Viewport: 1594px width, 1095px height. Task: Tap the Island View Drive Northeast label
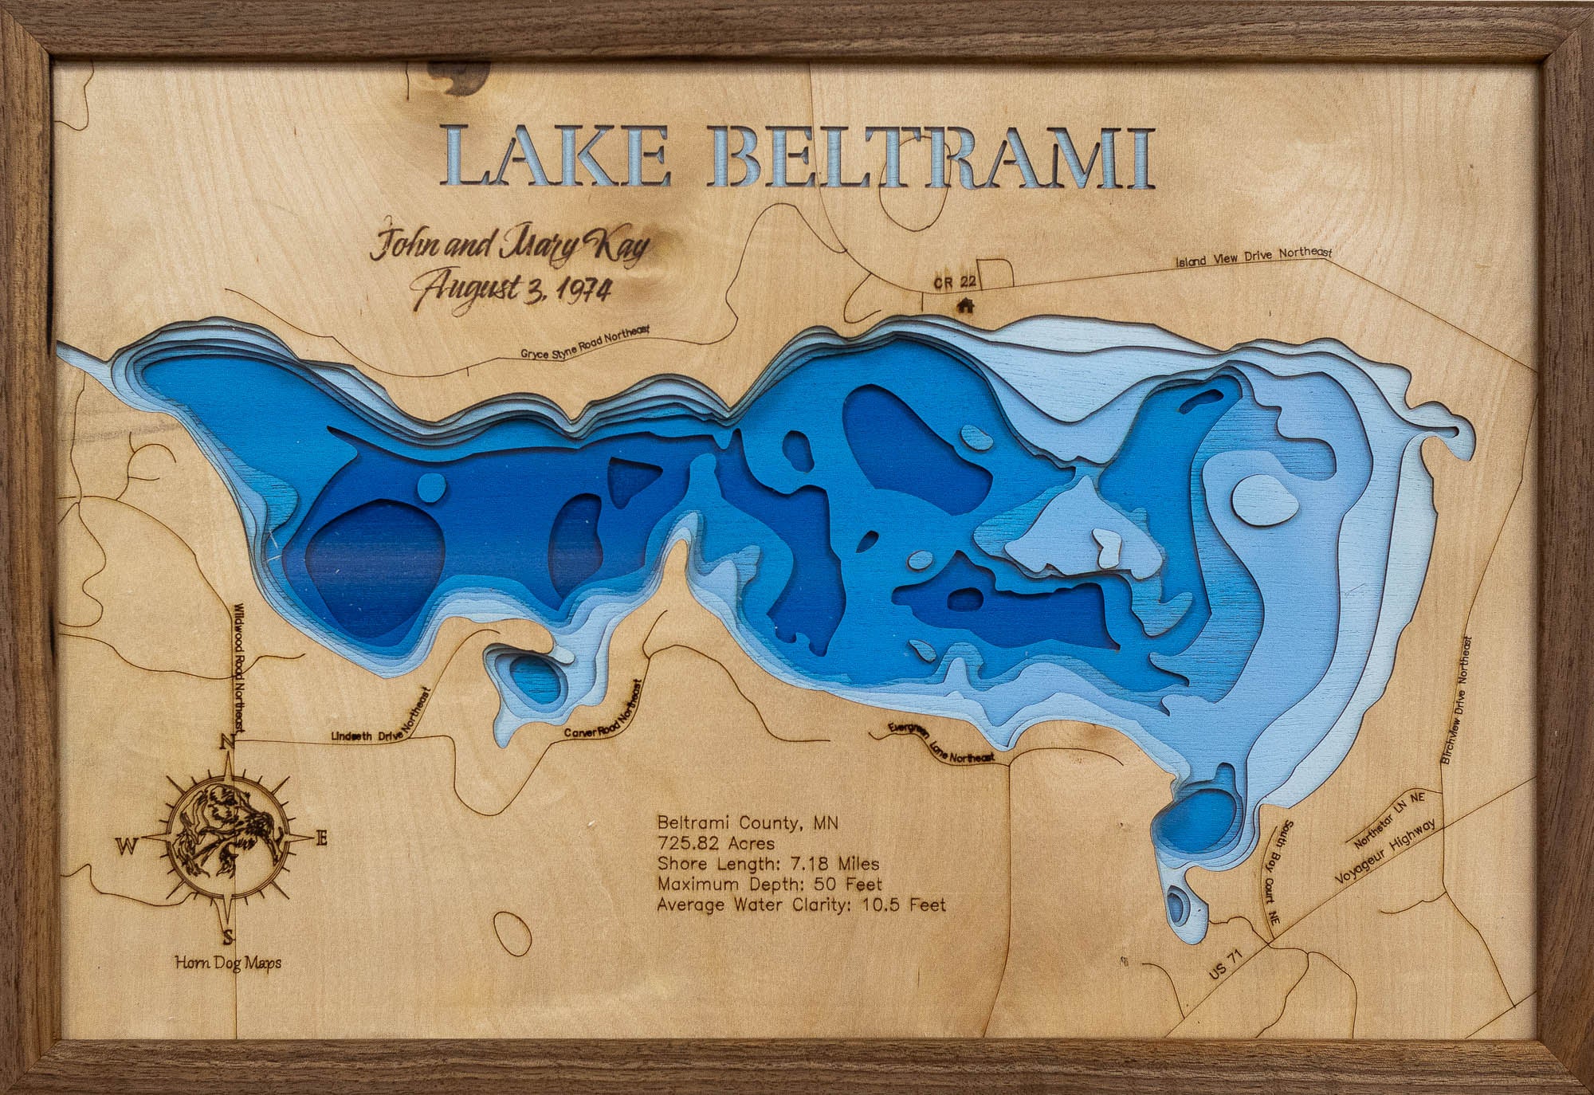pyautogui.click(x=1254, y=256)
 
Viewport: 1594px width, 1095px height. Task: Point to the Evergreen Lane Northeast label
pyautogui.click(x=941, y=744)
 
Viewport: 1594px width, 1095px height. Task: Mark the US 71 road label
pyautogui.click(x=1225, y=967)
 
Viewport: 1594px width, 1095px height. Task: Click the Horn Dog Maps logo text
pyautogui.click(x=228, y=964)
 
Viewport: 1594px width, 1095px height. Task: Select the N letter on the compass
pyautogui.click(x=226, y=742)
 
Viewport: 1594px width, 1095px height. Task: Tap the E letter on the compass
pyautogui.click(x=322, y=838)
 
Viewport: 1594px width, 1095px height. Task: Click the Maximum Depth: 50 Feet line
pyautogui.click(x=769, y=884)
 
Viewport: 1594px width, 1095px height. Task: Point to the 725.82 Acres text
pyautogui.click(x=715, y=842)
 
